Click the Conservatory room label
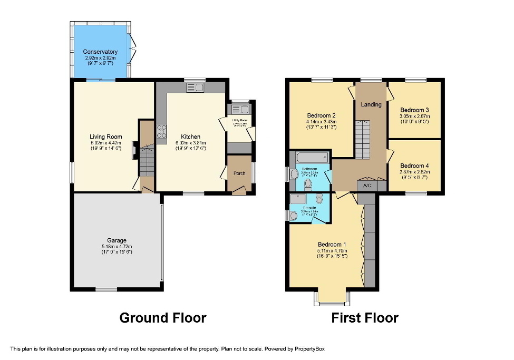(100, 52)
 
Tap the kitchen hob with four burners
(161, 131)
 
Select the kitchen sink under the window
(195, 87)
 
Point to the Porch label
(239, 173)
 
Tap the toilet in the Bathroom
(308, 183)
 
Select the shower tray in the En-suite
(298, 199)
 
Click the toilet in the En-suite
(319, 199)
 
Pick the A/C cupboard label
(367, 186)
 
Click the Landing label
(371, 104)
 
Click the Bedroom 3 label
(414, 110)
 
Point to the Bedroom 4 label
(414, 166)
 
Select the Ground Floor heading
(162, 318)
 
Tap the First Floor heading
(364, 318)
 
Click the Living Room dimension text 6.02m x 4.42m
(106, 142)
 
